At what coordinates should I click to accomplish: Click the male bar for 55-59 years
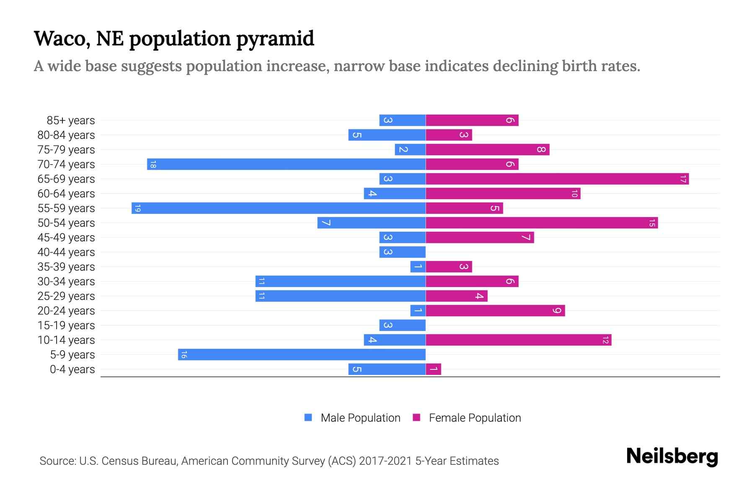coord(279,208)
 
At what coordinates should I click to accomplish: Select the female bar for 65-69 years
coord(557,179)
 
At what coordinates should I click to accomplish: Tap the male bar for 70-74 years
coord(286,164)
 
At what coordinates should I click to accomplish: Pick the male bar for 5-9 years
coord(302,354)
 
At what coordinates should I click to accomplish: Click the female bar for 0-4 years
coord(434,369)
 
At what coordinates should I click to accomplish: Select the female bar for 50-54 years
coord(542,223)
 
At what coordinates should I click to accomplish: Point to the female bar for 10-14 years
coord(519,340)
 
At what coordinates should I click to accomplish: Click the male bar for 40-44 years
coord(402,252)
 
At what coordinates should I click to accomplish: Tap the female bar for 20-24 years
coord(495,310)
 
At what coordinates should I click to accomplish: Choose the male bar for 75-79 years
coord(410,149)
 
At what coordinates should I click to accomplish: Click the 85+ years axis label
coord(71,120)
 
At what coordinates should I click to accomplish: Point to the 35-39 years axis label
coord(66,267)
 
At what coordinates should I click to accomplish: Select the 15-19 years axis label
coord(66,325)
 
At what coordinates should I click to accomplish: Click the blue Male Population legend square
coord(308,417)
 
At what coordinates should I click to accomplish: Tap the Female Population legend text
coord(475,418)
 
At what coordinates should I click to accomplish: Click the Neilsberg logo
coord(672,456)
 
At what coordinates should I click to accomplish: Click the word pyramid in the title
coord(275,38)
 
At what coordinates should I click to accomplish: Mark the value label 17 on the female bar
coord(683,179)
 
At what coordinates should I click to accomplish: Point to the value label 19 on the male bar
coord(138,208)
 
